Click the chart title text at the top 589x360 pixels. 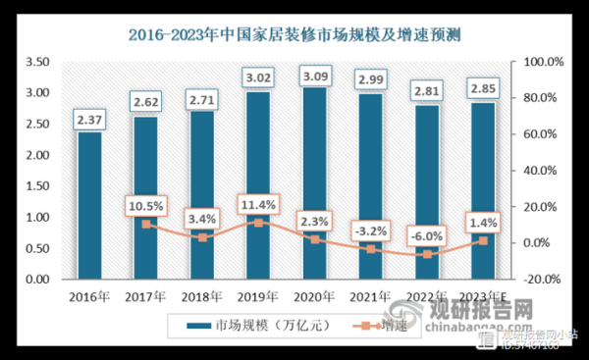click(294, 35)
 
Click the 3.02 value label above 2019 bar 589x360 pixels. click(258, 74)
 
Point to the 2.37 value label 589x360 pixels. click(89, 121)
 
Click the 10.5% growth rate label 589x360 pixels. click(145, 205)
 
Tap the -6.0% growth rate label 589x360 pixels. click(427, 235)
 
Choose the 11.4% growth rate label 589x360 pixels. click(258, 203)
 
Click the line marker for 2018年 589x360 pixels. click(202, 237)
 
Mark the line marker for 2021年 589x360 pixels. click(371, 249)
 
